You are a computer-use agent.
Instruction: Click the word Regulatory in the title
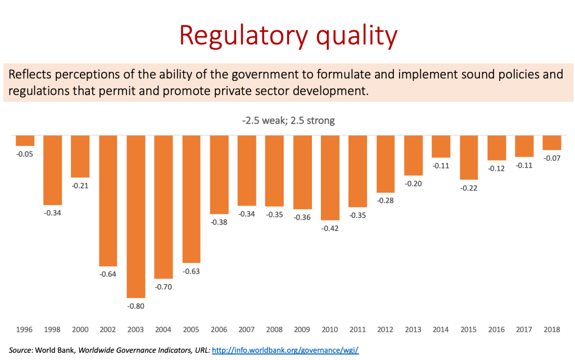click(x=234, y=35)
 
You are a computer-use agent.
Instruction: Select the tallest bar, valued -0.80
click(x=136, y=216)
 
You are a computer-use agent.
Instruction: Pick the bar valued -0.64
click(x=108, y=200)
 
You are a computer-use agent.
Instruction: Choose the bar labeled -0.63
click(x=191, y=199)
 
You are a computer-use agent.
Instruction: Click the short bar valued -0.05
click(x=25, y=140)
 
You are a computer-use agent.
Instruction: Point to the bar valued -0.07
click(x=551, y=143)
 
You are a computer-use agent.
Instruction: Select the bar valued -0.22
click(x=468, y=157)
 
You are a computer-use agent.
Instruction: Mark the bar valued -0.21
click(x=80, y=156)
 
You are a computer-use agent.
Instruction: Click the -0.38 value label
click(x=219, y=222)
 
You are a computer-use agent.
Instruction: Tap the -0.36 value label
click(x=302, y=217)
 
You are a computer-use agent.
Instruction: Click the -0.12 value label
click(x=496, y=168)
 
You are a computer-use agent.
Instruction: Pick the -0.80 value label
click(x=136, y=306)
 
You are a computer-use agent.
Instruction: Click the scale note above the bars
click(x=288, y=120)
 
